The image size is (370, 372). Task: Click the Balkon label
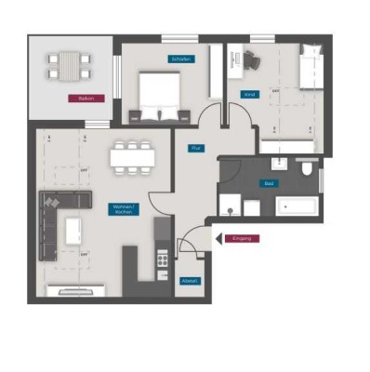pyautogui.click(x=86, y=98)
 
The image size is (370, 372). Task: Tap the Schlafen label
pyautogui.click(x=181, y=59)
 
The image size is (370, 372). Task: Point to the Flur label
pyautogui.click(x=196, y=148)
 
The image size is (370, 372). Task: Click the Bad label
pyautogui.click(x=269, y=183)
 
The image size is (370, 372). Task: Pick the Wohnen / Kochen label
pyautogui.click(x=122, y=209)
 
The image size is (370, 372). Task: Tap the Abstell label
pyautogui.click(x=189, y=279)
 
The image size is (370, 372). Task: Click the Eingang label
pyautogui.click(x=243, y=239)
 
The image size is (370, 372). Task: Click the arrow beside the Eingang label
pyautogui.click(x=218, y=239)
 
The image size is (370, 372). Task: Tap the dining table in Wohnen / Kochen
pyautogui.click(x=130, y=157)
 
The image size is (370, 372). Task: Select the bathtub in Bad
pyautogui.click(x=290, y=206)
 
